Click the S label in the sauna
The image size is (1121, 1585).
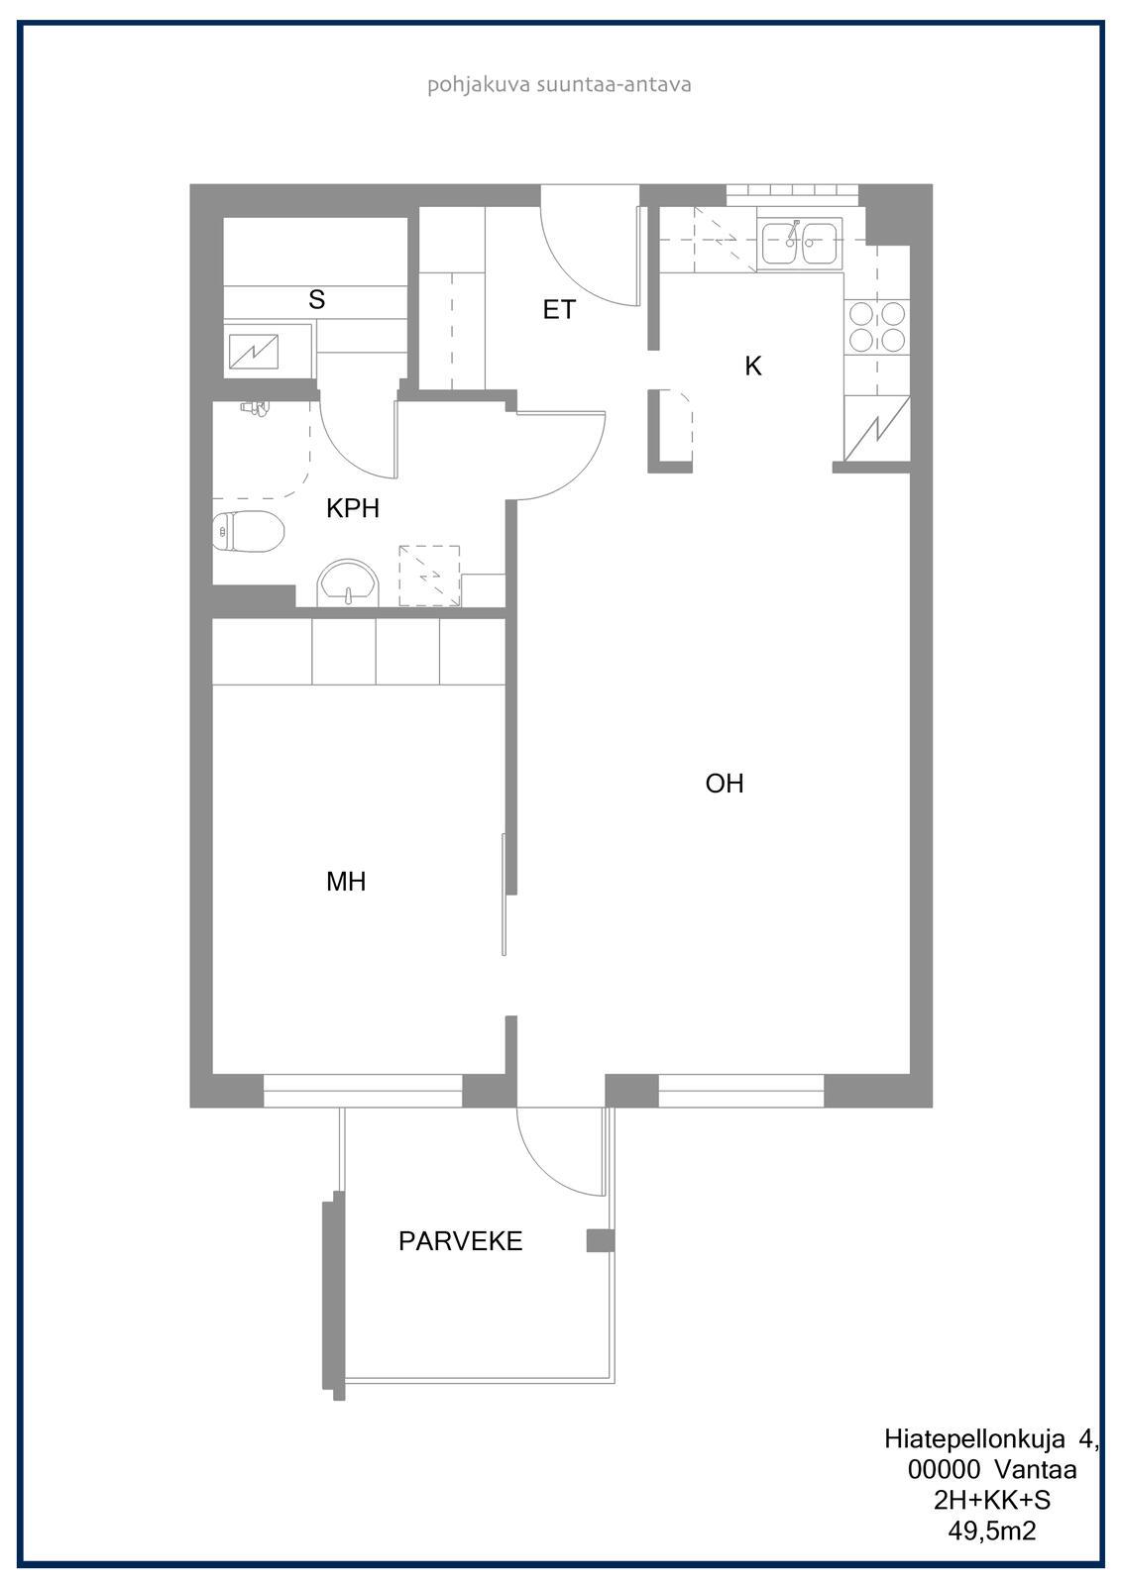pyautogui.click(x=316, y=299)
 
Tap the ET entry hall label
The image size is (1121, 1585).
pyautogui.click(x=559, y=309)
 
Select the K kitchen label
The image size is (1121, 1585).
pyautogui.click(x=752, y=366)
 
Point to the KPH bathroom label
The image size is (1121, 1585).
pyautogui.click(x=353, y=508)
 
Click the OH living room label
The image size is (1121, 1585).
pyautogui.click(x=725, y=784)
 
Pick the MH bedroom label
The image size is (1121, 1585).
pyautogui.click(x=346, y=881)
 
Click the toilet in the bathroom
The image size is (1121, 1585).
pyautogui.click(x=249, y=531)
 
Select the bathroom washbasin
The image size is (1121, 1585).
pyautogui.click(x=348, y=583)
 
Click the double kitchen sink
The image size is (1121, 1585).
pyautogui.click(x=800, y=243)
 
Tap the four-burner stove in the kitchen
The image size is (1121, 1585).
pyautogui.click(x=877, y=327)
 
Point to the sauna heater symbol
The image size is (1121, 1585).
pyautogui.click(x=254, y=352)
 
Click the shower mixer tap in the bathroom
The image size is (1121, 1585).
pyautogui.click(x=255, y=407)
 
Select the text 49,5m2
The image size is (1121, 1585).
pyautogui.click(x=992, y=1531)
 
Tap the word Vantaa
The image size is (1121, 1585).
pyautogui.click(x=1036, y=1470)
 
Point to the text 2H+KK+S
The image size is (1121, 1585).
pyautogui.click(x=992, y=1500)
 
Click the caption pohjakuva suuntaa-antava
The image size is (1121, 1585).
pyautogui.click(x=559, y=85)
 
